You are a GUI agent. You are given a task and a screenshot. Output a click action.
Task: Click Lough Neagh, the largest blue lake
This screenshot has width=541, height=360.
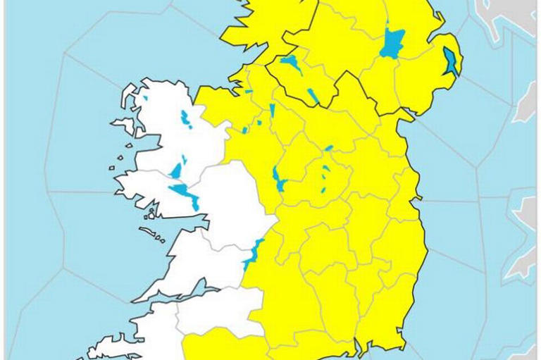click(390, 43)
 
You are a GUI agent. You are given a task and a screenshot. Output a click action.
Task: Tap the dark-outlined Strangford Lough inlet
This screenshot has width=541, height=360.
click(449, 61)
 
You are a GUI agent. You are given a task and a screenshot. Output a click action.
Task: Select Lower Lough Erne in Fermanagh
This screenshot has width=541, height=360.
click(290, 65)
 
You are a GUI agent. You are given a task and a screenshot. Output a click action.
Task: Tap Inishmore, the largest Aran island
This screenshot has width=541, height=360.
click(151, 232)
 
